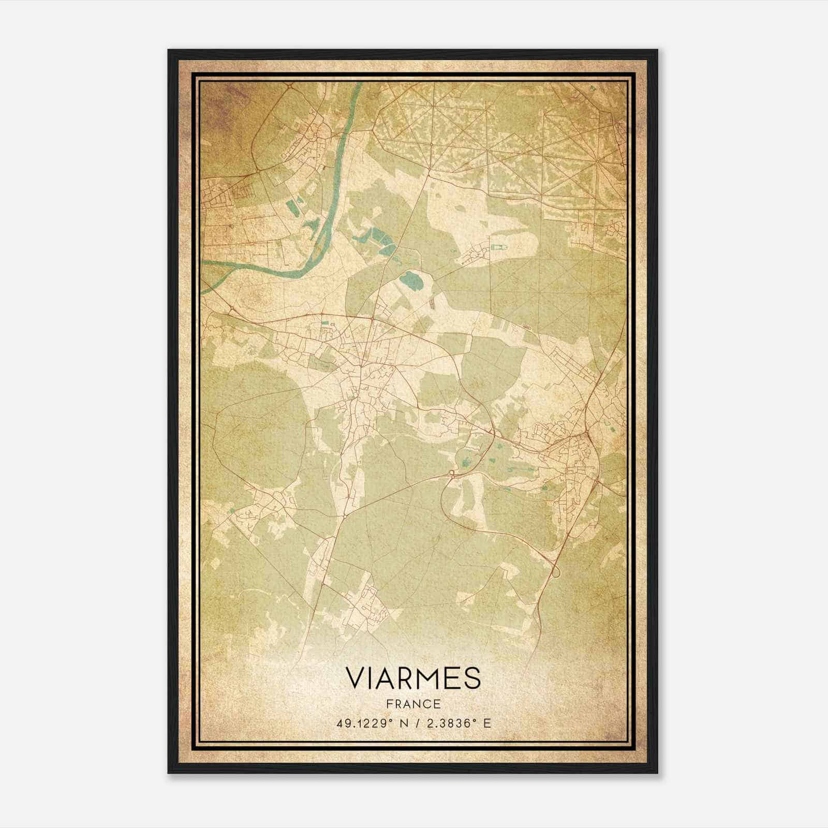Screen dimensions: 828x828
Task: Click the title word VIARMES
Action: pos(413,678)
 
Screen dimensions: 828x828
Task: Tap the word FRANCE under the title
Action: pos(413,704)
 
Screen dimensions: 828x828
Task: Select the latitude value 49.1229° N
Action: pos(368,723)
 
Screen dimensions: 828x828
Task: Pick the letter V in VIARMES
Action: pos(354,678)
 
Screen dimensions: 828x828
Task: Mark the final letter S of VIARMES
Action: pos(472,678)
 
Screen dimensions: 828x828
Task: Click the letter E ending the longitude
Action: pos(486,723)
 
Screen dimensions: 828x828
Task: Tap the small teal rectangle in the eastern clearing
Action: pos(499,249)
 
